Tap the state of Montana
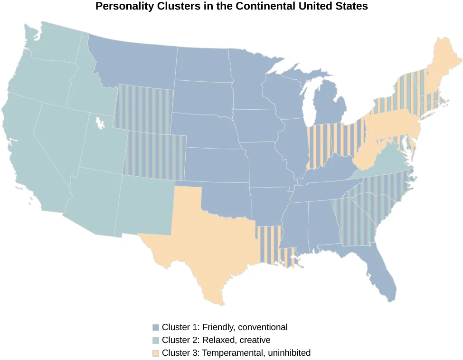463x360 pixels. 133,62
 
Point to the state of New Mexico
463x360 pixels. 145,204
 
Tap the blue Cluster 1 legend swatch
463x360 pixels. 155,328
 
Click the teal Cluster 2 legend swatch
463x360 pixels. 155,341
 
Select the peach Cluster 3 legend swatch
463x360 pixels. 155,353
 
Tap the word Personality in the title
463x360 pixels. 122,7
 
